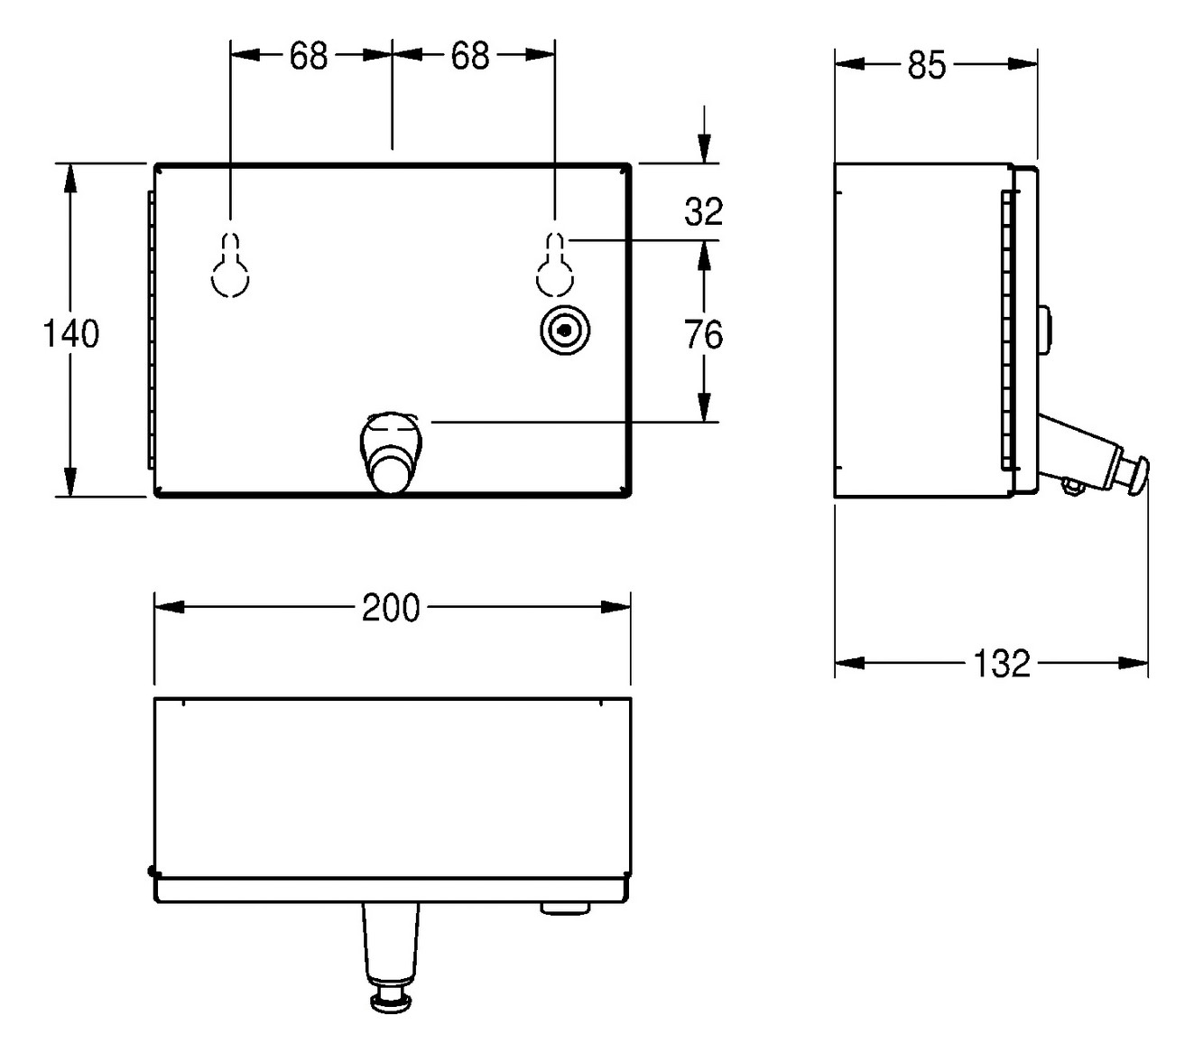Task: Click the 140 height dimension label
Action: (71, 334)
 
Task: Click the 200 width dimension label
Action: (391, 608)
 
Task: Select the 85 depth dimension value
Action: (926, 66)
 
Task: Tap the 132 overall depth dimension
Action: (1002, 664)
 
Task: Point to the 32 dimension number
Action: (704, 212)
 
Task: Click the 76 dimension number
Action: (704, 335)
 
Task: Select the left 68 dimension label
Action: (309, 56)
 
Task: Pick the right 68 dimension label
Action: (470, 56)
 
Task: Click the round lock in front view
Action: (564, 331)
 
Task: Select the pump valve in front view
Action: (390, 452)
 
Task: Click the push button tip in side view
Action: (1139, 473)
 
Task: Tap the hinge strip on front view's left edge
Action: (151, 330)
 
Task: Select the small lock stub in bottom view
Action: (565, 907)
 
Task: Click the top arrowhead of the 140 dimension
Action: (70, 177)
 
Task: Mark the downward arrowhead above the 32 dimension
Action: (704, 149)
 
